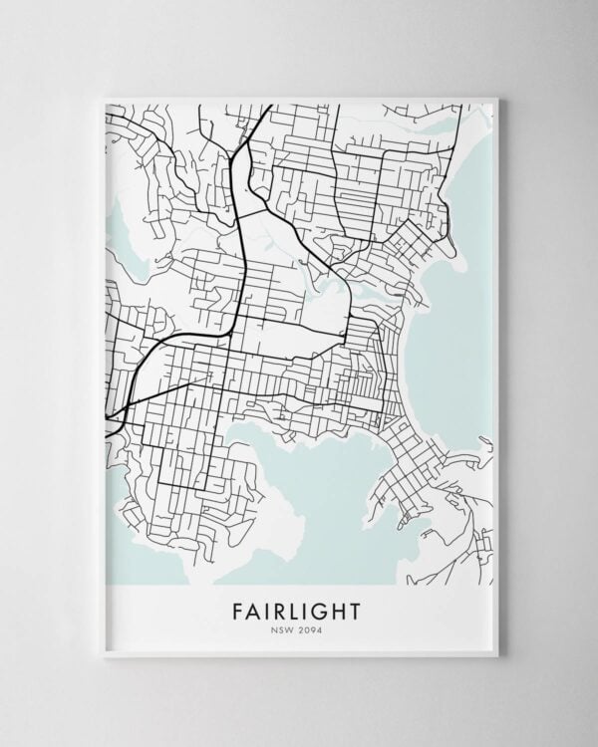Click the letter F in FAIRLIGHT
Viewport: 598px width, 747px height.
(238, 609)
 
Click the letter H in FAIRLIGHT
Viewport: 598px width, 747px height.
(339, 609)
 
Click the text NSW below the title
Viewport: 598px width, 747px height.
(283, 627)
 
